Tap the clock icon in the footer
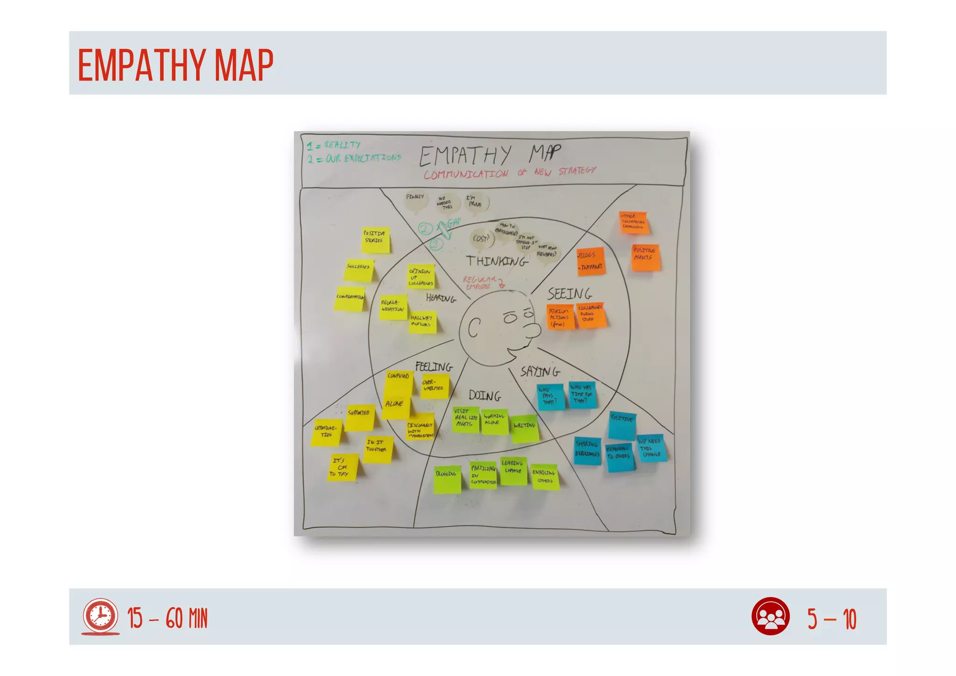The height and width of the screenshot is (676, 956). click(100, 616)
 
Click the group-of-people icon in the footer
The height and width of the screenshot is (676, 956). click(770, 616)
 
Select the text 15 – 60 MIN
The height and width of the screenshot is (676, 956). click(168, 619)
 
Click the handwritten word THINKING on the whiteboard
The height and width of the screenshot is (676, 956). click(497, 261)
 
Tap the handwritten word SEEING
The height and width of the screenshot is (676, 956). click(569, 294)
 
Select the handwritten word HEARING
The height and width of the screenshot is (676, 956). click(441, 298)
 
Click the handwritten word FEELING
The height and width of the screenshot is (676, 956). click(434, 367)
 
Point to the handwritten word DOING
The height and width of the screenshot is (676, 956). click(485, 396)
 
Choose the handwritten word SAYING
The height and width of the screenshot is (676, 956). click(540, 372)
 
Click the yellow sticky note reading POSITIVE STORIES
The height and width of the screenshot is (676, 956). click(376, 240)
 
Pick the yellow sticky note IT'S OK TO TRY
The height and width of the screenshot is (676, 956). click(343, 468)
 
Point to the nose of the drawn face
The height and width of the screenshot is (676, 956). click(532, 330)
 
